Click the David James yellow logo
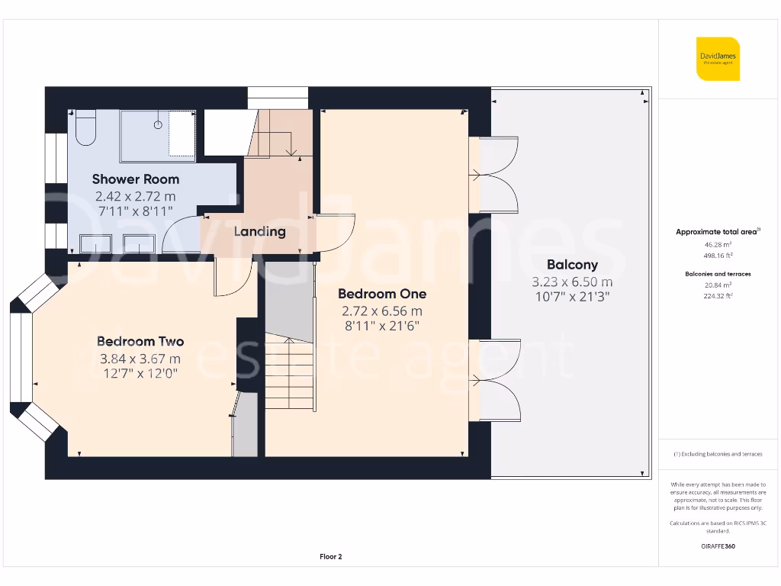(x=718, y=58)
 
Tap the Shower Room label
(x=136, y=179)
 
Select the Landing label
(x=259, y=231)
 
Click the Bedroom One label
(x=382, y=294)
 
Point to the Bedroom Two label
(x=140, y=342)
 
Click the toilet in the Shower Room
(x=85, y=127)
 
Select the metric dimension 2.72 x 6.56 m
(x=382, y=311)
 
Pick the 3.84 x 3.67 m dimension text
(x=140, y=359)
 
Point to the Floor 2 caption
(x=330, y=557)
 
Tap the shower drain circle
(x=159, y=124)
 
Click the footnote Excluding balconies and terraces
(x=717, y=454)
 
